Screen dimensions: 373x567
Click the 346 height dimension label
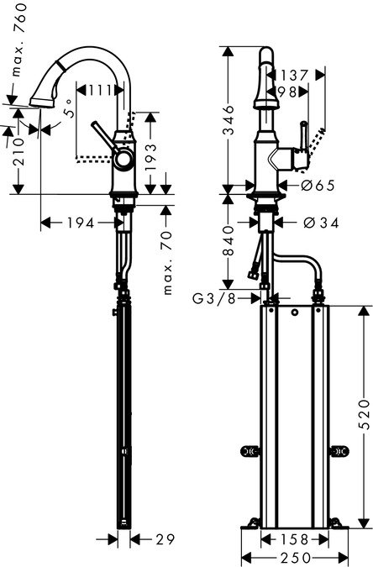(228, 120)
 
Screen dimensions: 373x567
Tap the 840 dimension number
(228, 241)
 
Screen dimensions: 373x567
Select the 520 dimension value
(365, 415)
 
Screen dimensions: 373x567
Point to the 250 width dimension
(295, 558)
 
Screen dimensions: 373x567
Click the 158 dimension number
(295, 540)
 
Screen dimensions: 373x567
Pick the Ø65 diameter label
(318, 186)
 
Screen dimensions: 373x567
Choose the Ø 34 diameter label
(321, 223)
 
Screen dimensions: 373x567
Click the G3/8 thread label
(214, 299)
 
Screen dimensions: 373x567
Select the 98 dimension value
(288, 92)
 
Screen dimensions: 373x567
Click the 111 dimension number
(99, 91)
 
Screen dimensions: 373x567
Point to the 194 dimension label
(81, 223)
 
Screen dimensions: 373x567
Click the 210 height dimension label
(18, 152)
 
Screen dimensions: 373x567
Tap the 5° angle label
(70, 108)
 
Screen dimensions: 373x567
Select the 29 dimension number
(165, 539)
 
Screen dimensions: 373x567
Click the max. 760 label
(19, 39)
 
